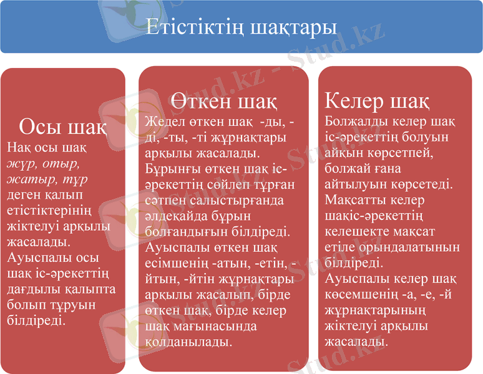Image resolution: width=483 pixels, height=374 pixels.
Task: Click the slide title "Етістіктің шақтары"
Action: [x=241, y=28]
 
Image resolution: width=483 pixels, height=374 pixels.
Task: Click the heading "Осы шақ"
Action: [x=62, y=127]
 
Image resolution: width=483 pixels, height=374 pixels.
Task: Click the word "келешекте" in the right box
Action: [x=354, y=231]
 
